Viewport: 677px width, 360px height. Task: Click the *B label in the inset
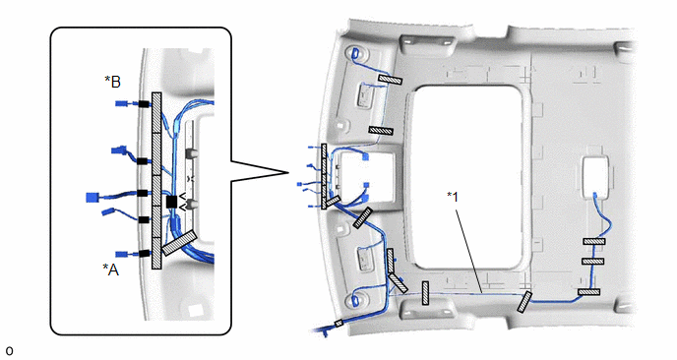click(113, 82)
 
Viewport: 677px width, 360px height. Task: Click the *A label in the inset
click(110, 270)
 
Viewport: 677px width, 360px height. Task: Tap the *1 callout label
click(453, 197)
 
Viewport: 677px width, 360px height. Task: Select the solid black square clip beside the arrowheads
click(171, 202)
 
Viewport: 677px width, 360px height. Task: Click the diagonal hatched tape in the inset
click(179, 243)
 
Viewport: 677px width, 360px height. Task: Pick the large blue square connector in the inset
click(92, 198)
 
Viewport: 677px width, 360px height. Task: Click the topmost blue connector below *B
click(122, 103)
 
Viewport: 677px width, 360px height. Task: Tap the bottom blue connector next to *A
click(122, 254)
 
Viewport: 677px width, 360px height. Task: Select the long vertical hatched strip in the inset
click(156, 180)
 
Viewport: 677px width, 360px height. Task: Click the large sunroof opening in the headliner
click(468, 176)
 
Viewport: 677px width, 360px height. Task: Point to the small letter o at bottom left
click(9, 351)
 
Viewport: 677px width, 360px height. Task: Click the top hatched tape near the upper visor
click(391, 78)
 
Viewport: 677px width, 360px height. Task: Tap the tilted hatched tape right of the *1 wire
click(524, 301)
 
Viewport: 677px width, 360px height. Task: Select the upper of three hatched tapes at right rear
click(594, 241)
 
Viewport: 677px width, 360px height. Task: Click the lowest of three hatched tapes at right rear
click(588, 292)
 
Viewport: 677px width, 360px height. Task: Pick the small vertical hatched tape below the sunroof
click(425, 293)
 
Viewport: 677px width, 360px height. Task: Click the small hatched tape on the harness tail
click(338, 323)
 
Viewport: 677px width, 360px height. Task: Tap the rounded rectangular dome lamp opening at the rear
click(595, 177)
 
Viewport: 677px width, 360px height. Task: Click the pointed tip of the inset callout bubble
click(288, 173)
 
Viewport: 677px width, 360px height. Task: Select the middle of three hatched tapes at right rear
click(592, 262)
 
